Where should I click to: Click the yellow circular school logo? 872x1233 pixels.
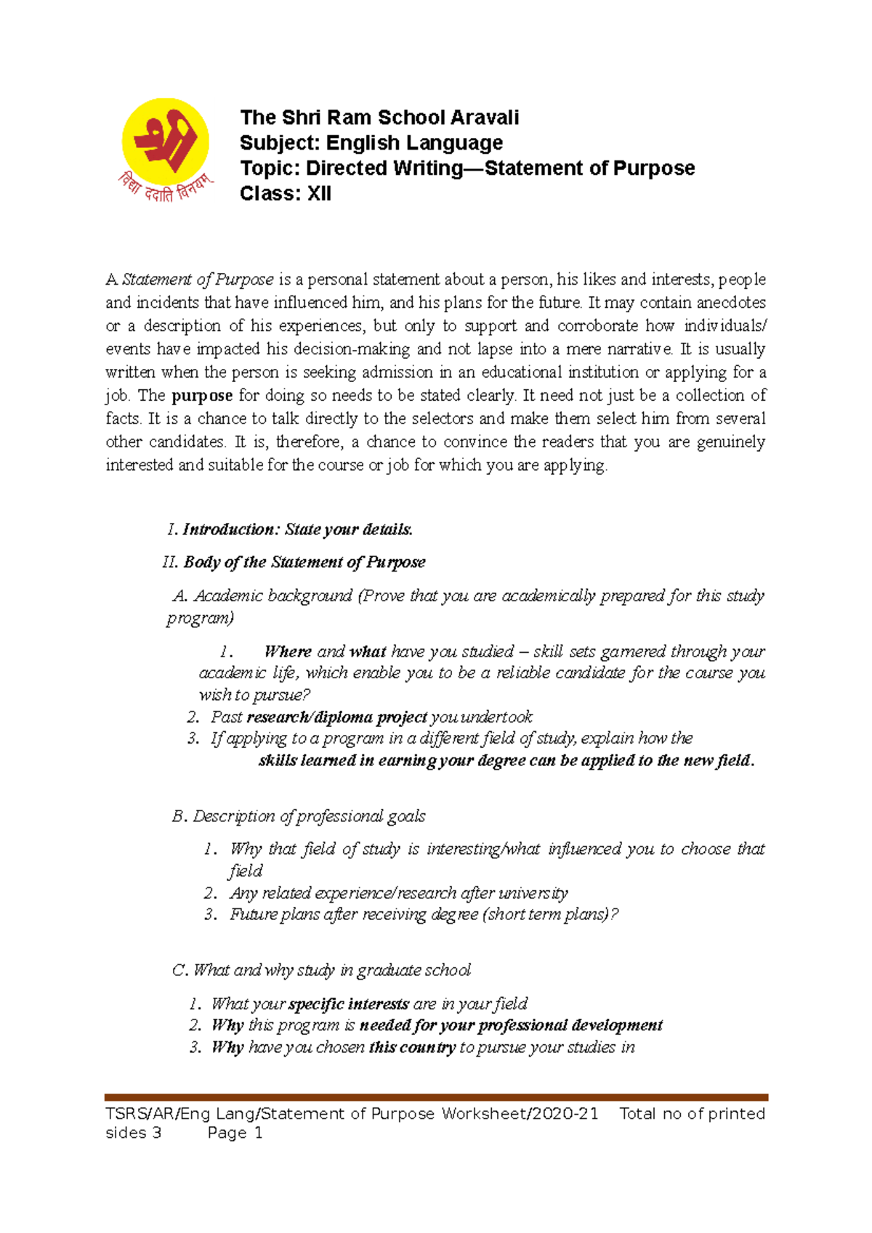[x=166, y=142]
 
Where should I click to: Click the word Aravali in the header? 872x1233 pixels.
[x=485, y=118]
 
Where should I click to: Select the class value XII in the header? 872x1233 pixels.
[x=318, y=194]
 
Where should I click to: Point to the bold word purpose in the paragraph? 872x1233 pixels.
[x=202, y=396]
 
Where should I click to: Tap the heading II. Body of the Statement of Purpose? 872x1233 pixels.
[x=294, y=562]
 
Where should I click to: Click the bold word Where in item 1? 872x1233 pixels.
[x=288, y=651]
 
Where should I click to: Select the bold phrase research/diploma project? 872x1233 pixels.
[x=336, y=717]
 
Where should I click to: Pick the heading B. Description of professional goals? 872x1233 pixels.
[x=299, y=816]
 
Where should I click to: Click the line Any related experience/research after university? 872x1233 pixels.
[x=398, y=892]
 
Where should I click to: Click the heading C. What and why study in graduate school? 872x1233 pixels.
[x=321, y=970]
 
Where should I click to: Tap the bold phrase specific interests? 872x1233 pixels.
[x=349, y=1004]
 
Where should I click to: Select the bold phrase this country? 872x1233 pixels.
[x=412, y=1047]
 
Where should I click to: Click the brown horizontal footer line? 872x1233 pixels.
[x=436, y=1098]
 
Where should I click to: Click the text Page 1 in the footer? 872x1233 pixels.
[x=235, y=1133]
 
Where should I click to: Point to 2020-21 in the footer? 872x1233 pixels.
[x=565, y=1114]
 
